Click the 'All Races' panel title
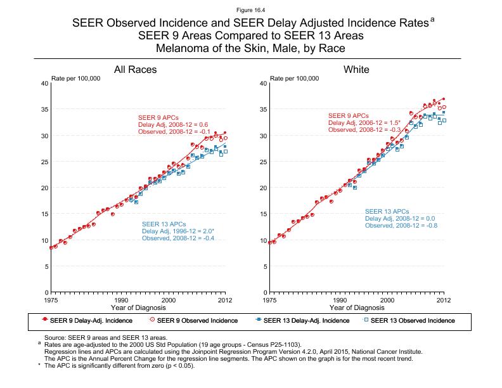pos(135,69)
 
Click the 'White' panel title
pos(356,69)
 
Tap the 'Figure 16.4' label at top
pos(251,10)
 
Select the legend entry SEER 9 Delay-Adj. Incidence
pos(89,320)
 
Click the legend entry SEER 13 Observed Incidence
pos(412,320)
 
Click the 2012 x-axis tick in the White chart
pos(444,299)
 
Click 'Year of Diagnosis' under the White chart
pos(357,307)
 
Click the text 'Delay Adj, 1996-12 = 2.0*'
pos(177,231)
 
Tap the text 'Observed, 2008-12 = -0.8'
pos(401,226)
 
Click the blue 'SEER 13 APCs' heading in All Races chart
pos(164,224)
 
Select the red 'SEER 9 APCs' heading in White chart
pos(348,115)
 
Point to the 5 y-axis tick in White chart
pos(263,266)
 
